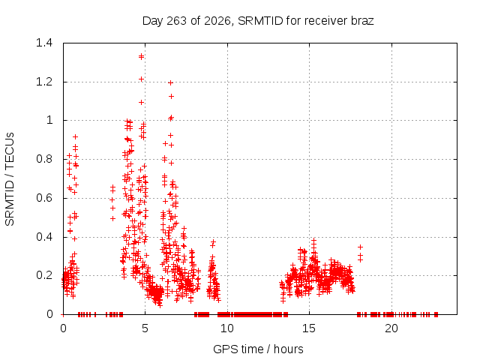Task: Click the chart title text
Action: [258, 21]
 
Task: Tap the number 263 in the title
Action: [176, 21]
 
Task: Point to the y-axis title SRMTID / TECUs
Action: [10, 179]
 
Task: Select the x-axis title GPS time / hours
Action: [258, 349]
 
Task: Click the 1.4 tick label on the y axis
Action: [44, 43]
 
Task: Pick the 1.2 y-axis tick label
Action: [44, 82]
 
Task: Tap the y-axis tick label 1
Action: [49, 120]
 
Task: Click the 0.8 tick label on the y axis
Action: [44, 159]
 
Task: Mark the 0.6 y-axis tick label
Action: [44, 198]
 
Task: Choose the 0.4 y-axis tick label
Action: [44, 237]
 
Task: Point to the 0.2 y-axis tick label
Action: [44, 275]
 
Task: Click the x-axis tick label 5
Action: [145, 328]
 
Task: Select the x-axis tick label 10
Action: [226, 328]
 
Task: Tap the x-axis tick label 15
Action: [309, 328]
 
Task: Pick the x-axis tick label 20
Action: [391, 328]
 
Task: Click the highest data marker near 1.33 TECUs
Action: [141, 57]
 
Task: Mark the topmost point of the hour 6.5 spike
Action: [170, 83]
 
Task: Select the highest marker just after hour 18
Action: [360, 247]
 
